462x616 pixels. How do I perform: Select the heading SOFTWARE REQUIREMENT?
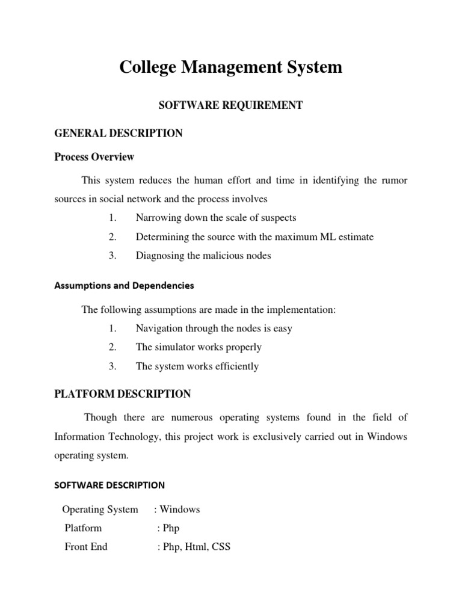[x=230, y=105]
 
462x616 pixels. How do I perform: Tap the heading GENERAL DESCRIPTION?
[x=119, y=133]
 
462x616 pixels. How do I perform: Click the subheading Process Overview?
[x=94, y=157]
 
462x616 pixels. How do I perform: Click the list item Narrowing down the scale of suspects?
[x=216, y=217]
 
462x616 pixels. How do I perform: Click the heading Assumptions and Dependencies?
[x=125, y=285]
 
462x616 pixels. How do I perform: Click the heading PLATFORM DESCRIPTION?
[x=123, y=394]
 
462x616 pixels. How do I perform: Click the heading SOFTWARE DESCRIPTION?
[x=109, y=484]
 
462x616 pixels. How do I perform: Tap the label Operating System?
[x=100, y=510]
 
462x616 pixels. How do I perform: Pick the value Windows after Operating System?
[x=180, y=510]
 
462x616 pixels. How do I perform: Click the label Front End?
[x=86, y=547]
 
